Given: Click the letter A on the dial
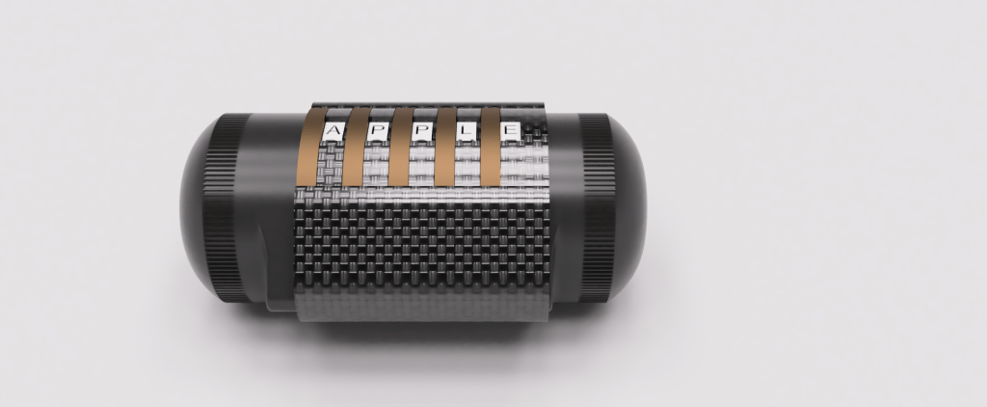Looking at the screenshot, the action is pos(333,132).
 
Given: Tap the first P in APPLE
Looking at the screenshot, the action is pos(378,132).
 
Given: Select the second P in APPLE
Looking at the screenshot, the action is pos(423,132).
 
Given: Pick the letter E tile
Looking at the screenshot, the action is pos(511,132).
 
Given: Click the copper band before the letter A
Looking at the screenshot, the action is pos(309,147).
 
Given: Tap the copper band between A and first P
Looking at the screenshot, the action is pos(355,147).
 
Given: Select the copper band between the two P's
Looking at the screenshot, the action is pos(400,147).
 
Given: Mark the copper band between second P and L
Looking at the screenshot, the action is pos(445,147).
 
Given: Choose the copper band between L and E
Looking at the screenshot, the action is pos(491,147).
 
